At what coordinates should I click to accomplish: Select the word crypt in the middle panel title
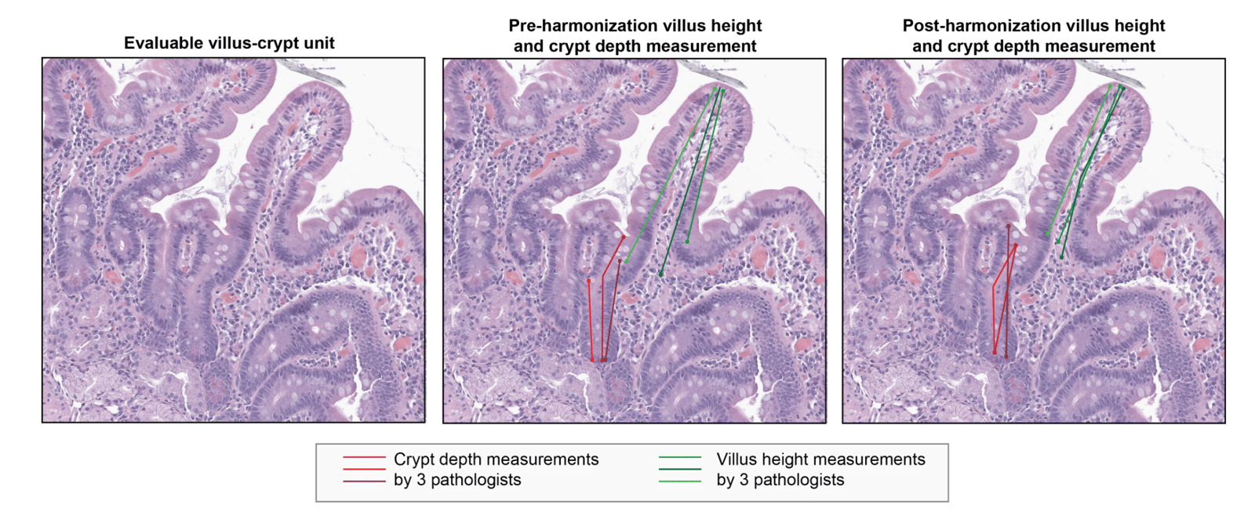pos(569,46)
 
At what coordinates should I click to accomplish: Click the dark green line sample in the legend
pos(679,469)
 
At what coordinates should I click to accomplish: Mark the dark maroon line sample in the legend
pos(364,481)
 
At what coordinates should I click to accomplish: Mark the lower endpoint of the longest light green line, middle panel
pos(626,261)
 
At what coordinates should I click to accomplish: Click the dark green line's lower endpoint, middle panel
pos(661,274)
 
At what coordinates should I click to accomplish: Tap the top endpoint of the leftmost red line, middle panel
pos(589,280)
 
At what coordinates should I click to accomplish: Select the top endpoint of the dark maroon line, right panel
pos(1008,226)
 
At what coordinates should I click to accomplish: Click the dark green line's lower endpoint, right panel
pos(1061,256)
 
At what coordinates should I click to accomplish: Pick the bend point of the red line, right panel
pos(994,288)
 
